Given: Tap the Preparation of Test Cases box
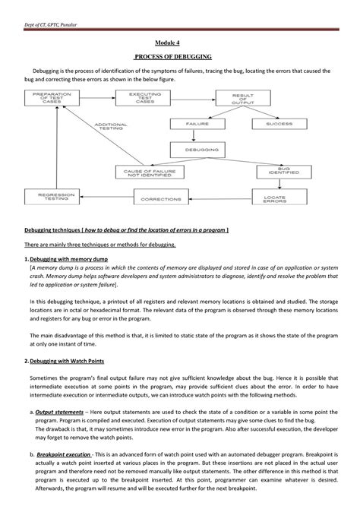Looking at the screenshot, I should click(52, 98).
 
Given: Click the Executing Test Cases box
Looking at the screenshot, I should click(136, 98).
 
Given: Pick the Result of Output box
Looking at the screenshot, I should click(225, 99).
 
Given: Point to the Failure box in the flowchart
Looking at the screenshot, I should click(203, 122).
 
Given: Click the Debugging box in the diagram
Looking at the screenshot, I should click(203, 150).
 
